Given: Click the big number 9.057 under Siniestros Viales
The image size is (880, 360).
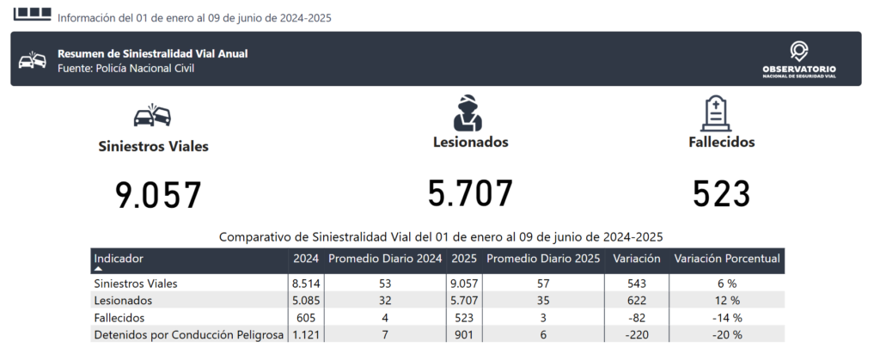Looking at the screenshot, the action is point(158,195).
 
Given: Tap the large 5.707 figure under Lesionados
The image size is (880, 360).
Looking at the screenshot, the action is point(470,193).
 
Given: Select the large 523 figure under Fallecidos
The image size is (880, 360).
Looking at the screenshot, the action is point(721,194).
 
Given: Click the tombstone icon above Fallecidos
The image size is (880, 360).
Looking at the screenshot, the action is point(716,113).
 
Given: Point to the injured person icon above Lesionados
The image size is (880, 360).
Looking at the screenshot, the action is point(467,113).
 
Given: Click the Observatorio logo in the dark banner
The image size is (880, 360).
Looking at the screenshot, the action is point(798,59).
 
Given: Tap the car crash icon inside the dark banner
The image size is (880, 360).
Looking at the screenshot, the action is point(33,59).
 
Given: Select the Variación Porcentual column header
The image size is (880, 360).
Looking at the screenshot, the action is point(727,259).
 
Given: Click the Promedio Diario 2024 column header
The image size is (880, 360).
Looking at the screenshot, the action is point(385,259).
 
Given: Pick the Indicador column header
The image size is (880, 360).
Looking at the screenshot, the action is point(119,259).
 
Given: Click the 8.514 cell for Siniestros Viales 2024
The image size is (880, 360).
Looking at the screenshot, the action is point(306,284).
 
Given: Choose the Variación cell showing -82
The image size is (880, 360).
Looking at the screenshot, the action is point(637,318).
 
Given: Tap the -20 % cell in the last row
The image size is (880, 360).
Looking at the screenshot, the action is point(727,335).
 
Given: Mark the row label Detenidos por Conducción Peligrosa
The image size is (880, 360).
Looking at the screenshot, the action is point(188,335).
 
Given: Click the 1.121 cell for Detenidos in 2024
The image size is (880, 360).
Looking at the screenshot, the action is point(306,335).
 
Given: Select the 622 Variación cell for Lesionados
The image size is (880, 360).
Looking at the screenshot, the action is point(637,301).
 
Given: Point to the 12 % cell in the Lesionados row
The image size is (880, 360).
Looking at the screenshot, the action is point(727,301).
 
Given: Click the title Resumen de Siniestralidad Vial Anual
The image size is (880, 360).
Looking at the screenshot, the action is point(153,54).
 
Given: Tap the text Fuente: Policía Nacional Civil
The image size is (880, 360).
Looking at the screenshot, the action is point(125,69).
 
